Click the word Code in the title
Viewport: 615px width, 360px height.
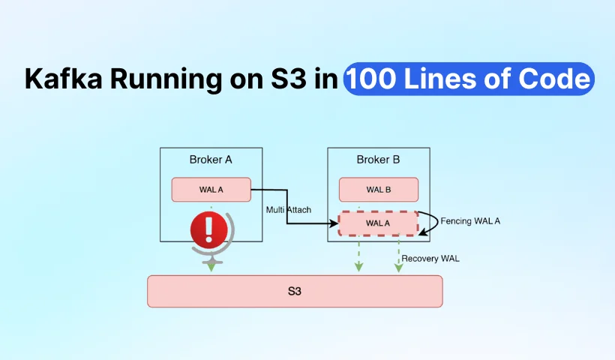[556, 79]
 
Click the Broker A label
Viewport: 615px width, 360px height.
[211, 160]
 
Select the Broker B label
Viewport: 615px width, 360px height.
[379, 160]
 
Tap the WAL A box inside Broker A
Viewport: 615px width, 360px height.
[211, 189]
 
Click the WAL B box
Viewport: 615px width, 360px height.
[379, 189]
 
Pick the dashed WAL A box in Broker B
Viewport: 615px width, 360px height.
[379, 223]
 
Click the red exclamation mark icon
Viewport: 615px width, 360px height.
[210, 229]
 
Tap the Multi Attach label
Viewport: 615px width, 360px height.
[289, 209]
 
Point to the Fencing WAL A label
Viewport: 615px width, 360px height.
[470, 221]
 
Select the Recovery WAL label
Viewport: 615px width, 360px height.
[430, 259]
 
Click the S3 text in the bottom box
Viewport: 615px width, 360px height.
[295, 291]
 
